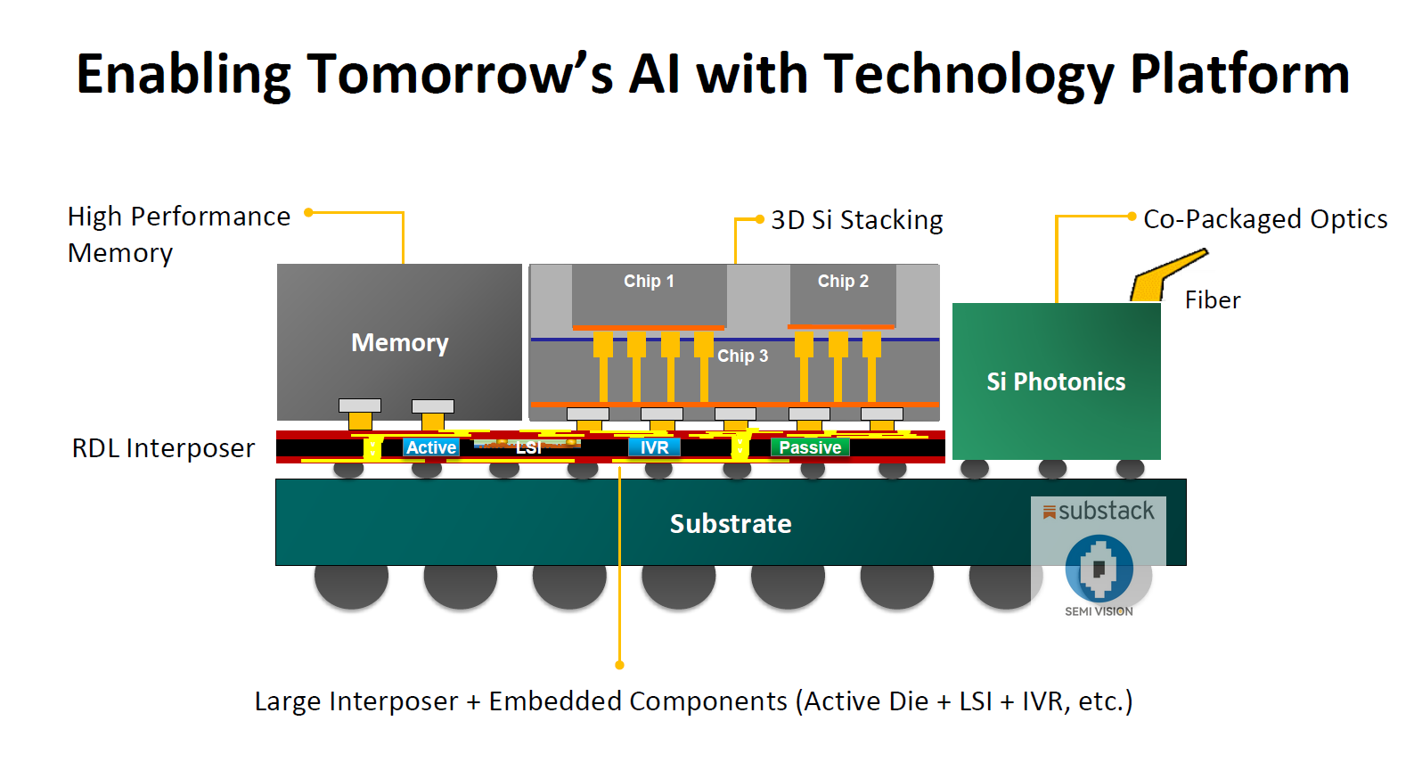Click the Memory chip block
pyautogui.click(x=399, y=342)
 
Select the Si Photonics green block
pyautogui.click(x=1056, y=381)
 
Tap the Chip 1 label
pyautogui.click(x=649, y=281)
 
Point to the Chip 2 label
pyautogui.click(x=843, y=281)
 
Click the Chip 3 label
pyautogui.click(x=742, y=356)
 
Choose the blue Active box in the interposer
pyautogui.click(x=431, y=447)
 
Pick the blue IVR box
pyautogui.click(x=654, y=447)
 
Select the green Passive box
pyautogui.click(x=810, y=447)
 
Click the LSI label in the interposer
pyautogui.click(x=528, y=447)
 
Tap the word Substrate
pyautogui.click(x=731, y=523)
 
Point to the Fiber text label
pyautogui.click(x=1213, y=300)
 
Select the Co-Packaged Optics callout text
pyautogui.click(x=1265, y=219)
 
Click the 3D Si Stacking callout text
pyautogui.click(x=856, y=220)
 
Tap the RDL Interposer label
pyautogui.click(x=163, y=448)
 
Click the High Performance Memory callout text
pyautogui.click(x=178, y=234)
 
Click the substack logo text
pyautogui.click(x=1106, y=511)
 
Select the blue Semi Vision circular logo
pyautogui.click(x=1099, y=568)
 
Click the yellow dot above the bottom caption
pyautogui.click(x=619, y=665)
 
